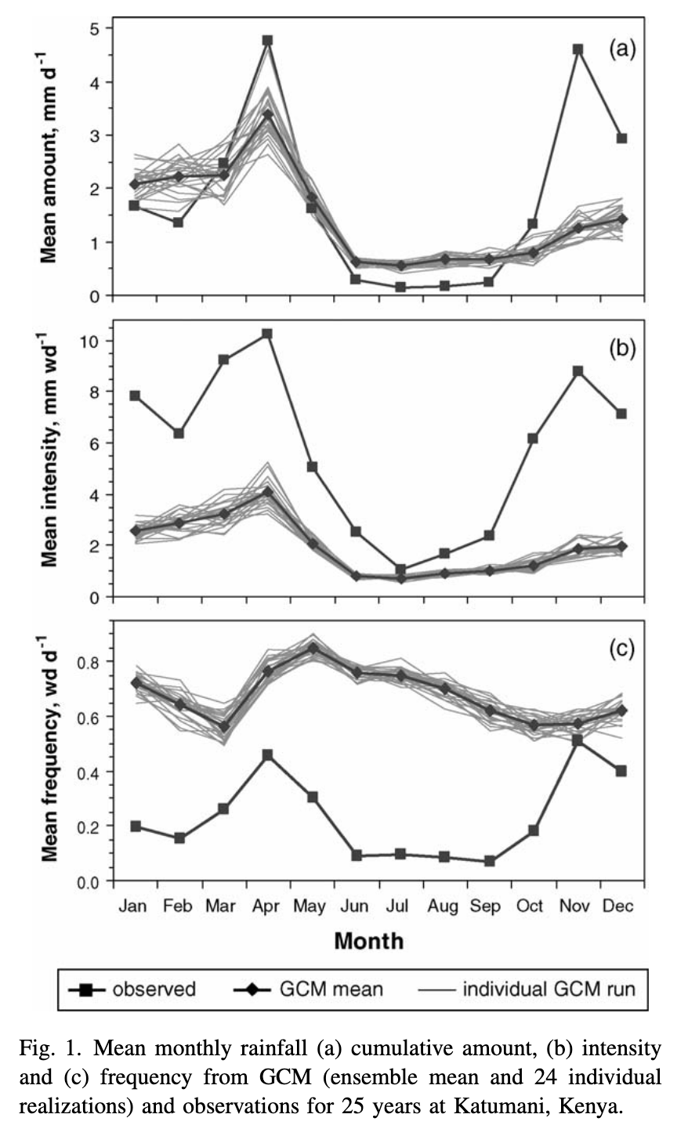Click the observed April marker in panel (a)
pos(267,40)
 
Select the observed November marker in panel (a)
pos(578,49)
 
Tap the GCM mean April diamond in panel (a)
pos(267,115)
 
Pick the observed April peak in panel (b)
pos(267,334)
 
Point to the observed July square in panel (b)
pos(401,570)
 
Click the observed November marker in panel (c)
pos(578,740)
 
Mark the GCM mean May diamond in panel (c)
pos(313,649)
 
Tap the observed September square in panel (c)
pos(490,861)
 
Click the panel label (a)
pos(622,50)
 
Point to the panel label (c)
pos(622,649)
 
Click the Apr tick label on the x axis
pos(266,906)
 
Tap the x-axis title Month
pos(368,940)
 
